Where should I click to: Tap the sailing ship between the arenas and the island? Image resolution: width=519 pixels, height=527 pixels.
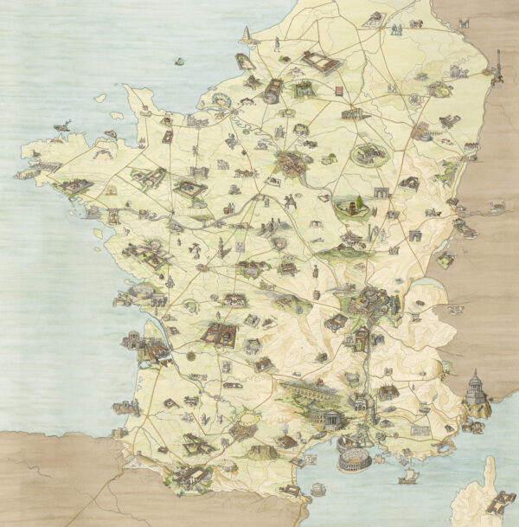click(405, 476)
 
